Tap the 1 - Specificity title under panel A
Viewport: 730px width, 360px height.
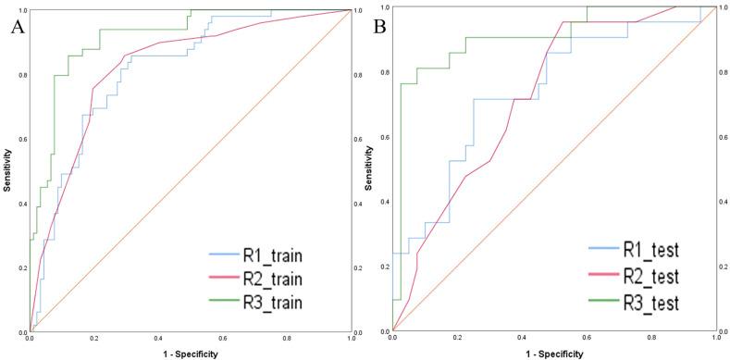(x=191, y=354)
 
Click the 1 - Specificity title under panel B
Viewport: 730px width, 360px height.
(x=554, y=354)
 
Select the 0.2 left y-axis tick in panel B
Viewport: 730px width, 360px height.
(x=385, y=267)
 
